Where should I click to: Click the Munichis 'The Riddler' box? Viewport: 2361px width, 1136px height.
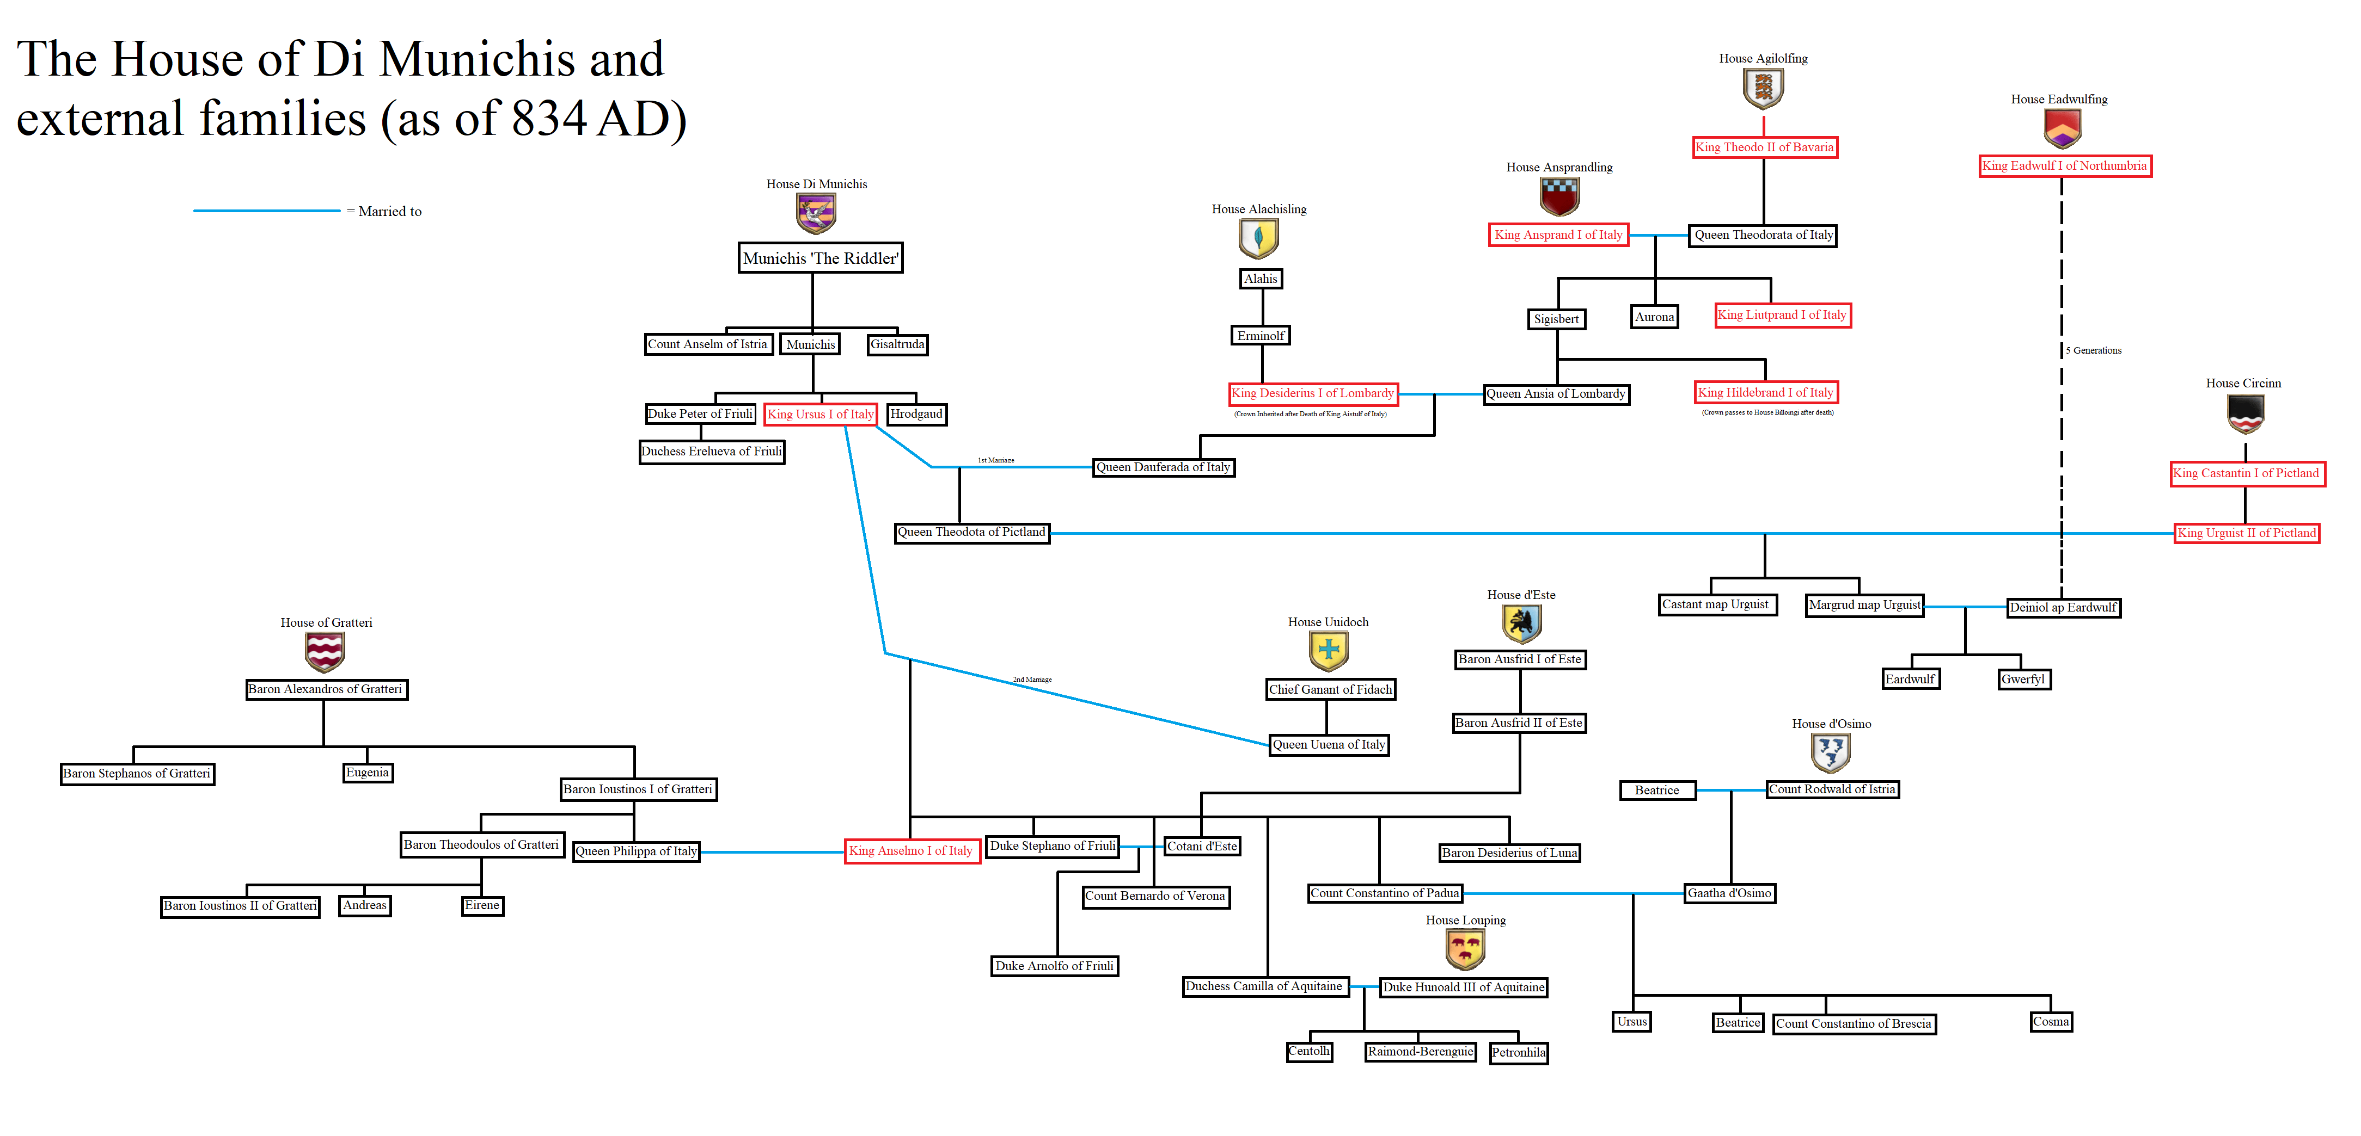(x=820, y=258)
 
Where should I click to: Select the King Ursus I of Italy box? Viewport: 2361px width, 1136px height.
(x=820, y=414)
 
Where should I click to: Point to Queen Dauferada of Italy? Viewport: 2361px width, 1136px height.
(x=1163, y=467)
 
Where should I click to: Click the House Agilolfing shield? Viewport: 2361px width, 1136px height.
(x=1763, y=89)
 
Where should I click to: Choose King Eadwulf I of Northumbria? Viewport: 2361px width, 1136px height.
(x=2064, y=166)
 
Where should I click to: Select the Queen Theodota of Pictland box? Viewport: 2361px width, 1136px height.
(x=971, y=532)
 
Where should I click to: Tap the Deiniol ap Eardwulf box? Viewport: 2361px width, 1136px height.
(x=2063, y=607)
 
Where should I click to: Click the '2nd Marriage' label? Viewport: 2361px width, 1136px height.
(x=1032, y=680)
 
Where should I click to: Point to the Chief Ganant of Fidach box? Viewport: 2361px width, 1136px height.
(x=1330, y=690)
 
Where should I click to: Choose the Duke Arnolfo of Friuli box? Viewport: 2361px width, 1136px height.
(x=1054, y=966)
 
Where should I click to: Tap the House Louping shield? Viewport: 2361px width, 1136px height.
(x=1465, y=949)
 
